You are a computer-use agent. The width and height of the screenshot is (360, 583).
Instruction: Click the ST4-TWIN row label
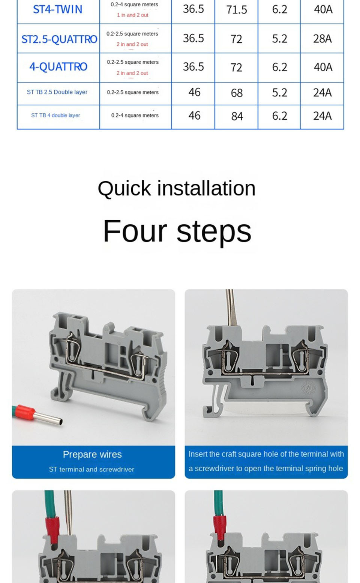tap(57, 9)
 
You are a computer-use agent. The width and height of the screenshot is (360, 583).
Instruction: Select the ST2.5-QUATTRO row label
tap(59, 39)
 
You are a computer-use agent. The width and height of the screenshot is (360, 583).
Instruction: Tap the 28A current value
tap(322, 39)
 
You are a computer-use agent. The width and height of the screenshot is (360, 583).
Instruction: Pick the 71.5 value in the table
tap(236, 10)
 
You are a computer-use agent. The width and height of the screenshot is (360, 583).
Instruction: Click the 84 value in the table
tap(237, 116)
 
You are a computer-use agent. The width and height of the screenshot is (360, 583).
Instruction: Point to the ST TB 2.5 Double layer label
tap(57, 92)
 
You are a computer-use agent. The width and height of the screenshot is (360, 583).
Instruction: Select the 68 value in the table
tap(237, 93)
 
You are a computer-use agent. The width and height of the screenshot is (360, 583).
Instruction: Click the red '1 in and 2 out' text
tap(133, 15)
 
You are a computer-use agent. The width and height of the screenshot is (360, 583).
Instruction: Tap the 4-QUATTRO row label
tap(58, 67)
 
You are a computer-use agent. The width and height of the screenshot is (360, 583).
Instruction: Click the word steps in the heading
tap(214, 232)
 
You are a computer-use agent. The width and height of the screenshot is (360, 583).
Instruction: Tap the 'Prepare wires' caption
tap(92, 454)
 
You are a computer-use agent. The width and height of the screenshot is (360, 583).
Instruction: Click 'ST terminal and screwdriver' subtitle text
tap(91, 469)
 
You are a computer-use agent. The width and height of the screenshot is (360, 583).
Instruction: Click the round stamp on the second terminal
tap(309, 388)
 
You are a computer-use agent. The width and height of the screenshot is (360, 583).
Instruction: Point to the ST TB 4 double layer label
tap(55, 115)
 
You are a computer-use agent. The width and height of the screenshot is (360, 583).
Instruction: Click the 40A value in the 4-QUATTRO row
tap(323, 67)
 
